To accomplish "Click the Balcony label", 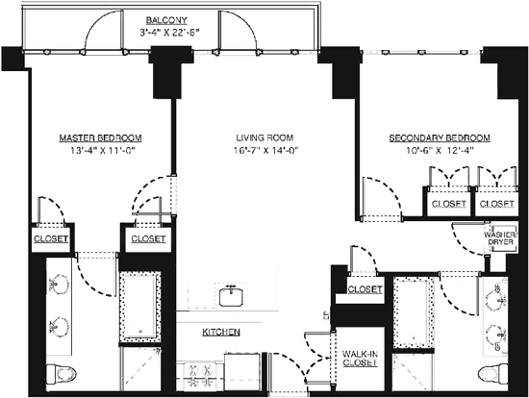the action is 166,20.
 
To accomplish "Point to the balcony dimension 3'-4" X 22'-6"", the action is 169,33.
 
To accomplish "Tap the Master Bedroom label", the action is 101,137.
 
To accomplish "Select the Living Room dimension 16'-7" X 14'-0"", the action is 266,150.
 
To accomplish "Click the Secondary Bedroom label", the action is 440,137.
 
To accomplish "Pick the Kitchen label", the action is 221,333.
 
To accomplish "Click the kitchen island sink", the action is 231,296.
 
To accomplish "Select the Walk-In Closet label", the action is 360,359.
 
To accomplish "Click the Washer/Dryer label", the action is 501,238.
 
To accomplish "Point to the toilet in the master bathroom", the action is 62,374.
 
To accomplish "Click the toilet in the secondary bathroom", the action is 492,374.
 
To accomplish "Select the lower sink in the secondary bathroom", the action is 496,335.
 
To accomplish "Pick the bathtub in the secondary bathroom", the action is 414,312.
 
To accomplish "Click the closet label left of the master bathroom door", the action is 51,238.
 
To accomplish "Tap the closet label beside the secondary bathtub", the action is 365,289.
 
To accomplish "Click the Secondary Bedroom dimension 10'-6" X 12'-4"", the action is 441,150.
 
